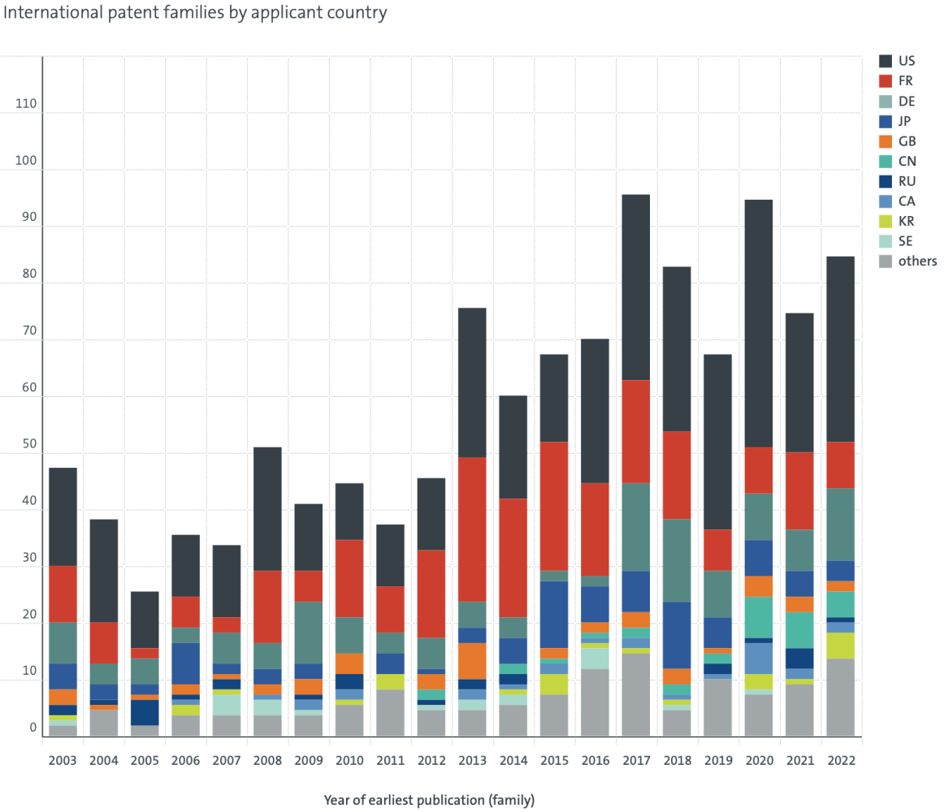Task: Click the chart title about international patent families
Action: click(195, 13)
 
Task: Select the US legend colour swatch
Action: click(885, 61)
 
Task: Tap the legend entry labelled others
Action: click(908, 261)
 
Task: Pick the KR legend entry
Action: click(896, 221)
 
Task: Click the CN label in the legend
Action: click(907, 162)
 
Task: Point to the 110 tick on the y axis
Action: click(26, 104)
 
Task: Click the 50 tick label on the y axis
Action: click(29, 444)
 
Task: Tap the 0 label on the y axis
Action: click(33, 728)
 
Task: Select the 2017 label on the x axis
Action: click(636, 761)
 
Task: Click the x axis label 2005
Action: click(145, 761)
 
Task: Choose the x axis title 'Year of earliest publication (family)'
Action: click(429, 801)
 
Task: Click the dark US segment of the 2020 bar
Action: click(759, 323)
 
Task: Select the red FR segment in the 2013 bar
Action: click(472, 529)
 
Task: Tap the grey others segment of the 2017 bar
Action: click(636, 694)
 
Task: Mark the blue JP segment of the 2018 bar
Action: click(677, 636)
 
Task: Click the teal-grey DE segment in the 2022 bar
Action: click(841, 525)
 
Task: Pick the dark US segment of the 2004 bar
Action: click(103, 571)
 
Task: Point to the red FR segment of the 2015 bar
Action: click(554, 507)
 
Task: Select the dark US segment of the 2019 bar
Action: click(717, 443)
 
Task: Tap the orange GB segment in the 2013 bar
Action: click(472, 662)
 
